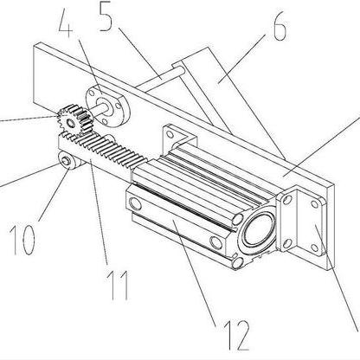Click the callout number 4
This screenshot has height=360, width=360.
point(65,23)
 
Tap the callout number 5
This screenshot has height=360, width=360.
point(106,17)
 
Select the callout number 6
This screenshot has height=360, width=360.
point(280,28)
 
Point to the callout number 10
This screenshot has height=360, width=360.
point(24,240)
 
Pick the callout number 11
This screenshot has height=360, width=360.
point(118,286)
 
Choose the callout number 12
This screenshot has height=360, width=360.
point(236,335)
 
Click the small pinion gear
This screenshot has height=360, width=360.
point(74,121)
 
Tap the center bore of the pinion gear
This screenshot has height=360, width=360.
point(70,124)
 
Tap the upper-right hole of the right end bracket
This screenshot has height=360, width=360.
point(315,204)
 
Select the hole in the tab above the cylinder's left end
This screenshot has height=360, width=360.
point(170,134)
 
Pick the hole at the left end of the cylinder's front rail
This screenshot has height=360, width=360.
point(136,203)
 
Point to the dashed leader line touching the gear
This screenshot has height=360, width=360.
point(29,119)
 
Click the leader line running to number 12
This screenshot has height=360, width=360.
point(196,272)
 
